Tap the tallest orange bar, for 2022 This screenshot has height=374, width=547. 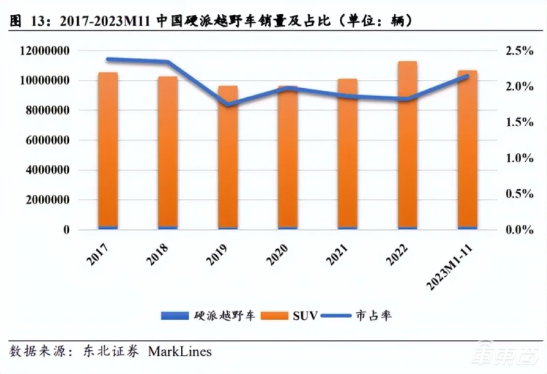407,144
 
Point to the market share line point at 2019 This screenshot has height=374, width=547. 228,105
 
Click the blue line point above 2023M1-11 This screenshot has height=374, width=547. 467,76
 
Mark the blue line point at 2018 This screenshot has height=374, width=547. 168,62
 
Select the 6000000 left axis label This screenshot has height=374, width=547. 46,140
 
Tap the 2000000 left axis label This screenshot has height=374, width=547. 46,200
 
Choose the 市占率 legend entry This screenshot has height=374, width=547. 371,316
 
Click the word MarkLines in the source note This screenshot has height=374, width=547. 180,351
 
